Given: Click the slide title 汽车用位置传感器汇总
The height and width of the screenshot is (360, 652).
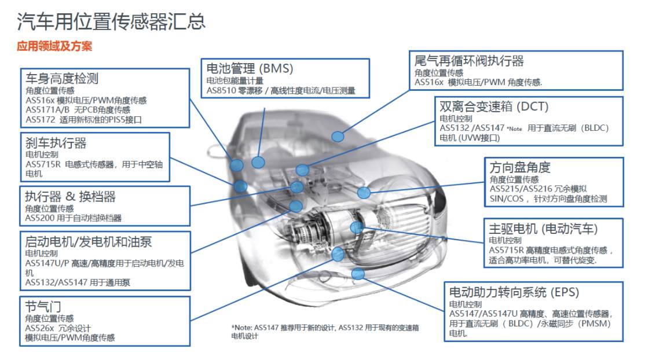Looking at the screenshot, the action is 111,21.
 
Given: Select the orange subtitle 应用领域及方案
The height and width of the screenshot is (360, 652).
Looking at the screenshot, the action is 54,46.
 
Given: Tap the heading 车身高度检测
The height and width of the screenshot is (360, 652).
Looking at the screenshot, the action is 62,78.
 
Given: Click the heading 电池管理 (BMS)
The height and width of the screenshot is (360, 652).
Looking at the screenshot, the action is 250,68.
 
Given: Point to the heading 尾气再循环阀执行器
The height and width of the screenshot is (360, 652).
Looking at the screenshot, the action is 469,61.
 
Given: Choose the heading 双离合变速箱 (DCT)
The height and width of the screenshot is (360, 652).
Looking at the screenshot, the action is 495,106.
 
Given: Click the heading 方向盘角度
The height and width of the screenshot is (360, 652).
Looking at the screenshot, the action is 520,167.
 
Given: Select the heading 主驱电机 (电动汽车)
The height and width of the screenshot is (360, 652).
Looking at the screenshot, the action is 543,229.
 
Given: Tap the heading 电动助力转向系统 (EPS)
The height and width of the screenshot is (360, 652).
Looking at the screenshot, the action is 514,292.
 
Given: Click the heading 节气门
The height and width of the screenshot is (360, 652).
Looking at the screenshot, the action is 43,306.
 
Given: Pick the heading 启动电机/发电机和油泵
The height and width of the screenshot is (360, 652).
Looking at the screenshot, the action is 89,241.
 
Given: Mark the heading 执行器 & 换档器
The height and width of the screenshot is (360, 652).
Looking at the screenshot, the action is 70,196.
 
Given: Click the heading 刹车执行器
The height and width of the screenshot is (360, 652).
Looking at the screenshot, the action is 56,143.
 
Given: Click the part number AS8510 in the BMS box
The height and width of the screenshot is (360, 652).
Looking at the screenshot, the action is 221,91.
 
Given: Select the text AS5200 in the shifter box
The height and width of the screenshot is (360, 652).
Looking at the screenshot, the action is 39,218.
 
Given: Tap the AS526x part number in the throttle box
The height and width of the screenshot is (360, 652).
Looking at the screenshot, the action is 39,328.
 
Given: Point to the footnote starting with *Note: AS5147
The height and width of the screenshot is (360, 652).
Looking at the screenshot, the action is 325,332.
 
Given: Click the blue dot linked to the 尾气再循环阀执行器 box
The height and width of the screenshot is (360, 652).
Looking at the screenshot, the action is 338,137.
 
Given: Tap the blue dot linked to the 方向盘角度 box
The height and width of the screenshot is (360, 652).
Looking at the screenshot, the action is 364,193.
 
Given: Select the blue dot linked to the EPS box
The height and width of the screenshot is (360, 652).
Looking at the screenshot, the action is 358,274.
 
